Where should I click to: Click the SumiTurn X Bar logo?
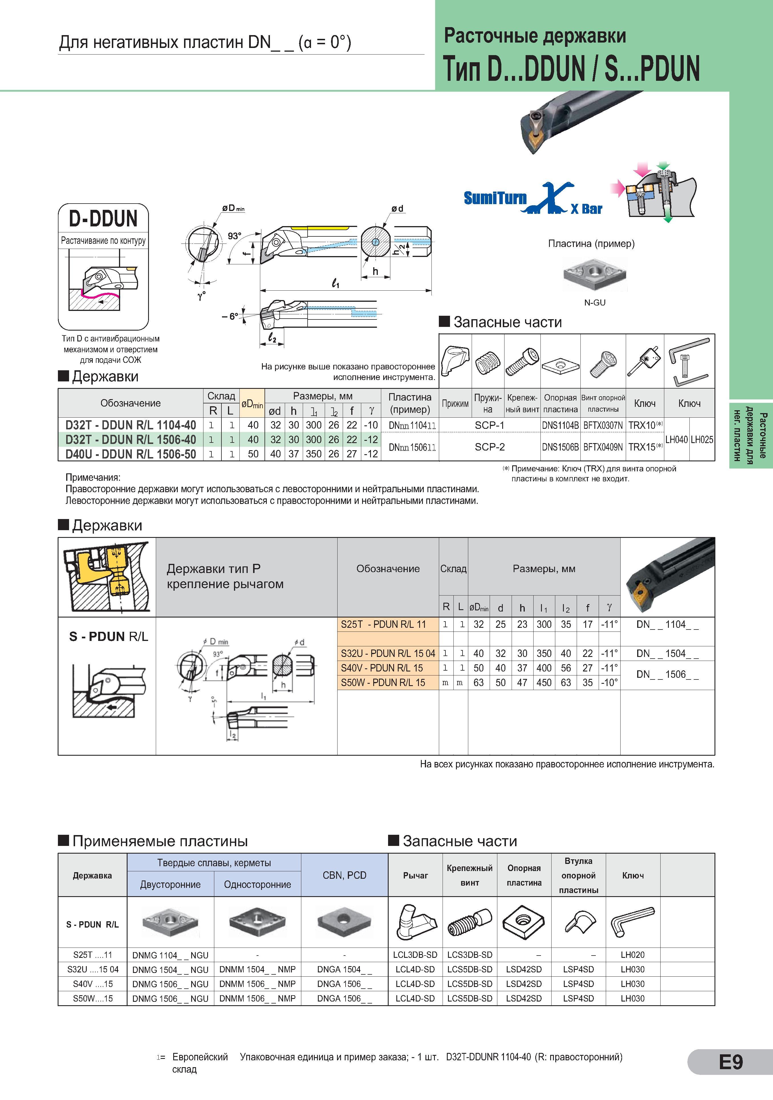[x=532, y=199]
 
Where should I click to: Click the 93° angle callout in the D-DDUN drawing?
[x=234, y=236]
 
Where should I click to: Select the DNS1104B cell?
[x=560, y=425]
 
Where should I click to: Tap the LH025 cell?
[x=702, y=439]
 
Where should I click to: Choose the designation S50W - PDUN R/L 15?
[x=383, y=683]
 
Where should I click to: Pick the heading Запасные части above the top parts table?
[x=508, y=322]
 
